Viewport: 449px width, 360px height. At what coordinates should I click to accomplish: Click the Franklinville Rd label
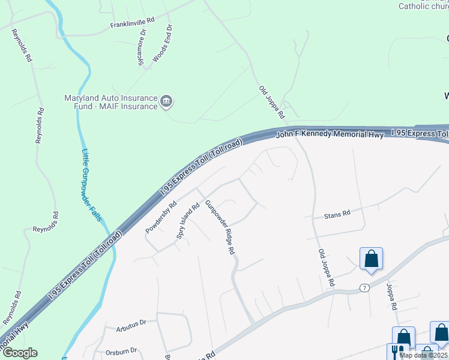click(132, 23)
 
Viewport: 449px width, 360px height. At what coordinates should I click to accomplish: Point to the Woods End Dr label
click(162, 44)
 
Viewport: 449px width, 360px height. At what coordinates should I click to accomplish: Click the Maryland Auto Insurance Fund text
click(110, 98)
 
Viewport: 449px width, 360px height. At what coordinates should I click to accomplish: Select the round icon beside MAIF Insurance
click(167, 103)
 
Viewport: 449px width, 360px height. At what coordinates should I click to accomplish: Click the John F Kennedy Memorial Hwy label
click(330, 134)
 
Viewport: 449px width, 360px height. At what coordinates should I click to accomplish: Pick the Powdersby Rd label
click(161, 217)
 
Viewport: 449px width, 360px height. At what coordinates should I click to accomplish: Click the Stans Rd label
click(337, 215)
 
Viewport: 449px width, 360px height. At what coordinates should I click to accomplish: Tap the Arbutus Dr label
click(132, 323)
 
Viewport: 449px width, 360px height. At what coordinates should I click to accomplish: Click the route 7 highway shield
click(364, 289)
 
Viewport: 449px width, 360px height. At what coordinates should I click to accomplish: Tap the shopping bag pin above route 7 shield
click(372, 259)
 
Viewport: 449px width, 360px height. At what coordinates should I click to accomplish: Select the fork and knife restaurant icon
click(397, 352)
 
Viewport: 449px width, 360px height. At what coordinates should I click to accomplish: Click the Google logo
click(19, 353)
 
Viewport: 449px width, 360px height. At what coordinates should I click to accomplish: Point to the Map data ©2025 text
click(423, 355)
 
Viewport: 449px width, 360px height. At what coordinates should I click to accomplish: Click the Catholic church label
click(423, 7)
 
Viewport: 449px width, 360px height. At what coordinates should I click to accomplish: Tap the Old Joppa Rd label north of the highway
click(271, 101)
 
